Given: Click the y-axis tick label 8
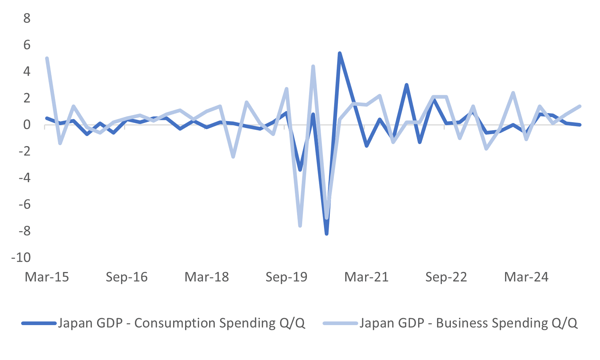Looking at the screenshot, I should (27, 18).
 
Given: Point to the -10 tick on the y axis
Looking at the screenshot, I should (21, 257).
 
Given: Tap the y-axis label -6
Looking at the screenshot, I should (24, 204).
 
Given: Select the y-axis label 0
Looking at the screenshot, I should (27, 125).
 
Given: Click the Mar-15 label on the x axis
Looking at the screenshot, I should (47, 277).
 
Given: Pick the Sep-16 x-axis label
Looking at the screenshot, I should (127, 277).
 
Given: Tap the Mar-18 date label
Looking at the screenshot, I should (207, 277).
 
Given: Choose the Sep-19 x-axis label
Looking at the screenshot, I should (287, 277).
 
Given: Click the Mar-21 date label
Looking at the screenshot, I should (366, 277).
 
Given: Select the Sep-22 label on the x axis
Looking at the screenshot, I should (446, 277).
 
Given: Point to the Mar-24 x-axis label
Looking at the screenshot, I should (526, 277).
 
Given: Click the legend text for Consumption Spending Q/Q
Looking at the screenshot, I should (181, 323).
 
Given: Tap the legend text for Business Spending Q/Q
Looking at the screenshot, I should (468, 323).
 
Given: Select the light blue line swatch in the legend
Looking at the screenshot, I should (340, 323).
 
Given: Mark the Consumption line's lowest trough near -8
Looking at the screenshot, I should (327, 234).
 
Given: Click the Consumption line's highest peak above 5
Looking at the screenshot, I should (340, 53).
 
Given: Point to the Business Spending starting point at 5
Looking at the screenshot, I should (47, 59).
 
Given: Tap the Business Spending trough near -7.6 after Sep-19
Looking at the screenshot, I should (300, 226).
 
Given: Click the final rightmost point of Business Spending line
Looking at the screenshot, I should (580, 106).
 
